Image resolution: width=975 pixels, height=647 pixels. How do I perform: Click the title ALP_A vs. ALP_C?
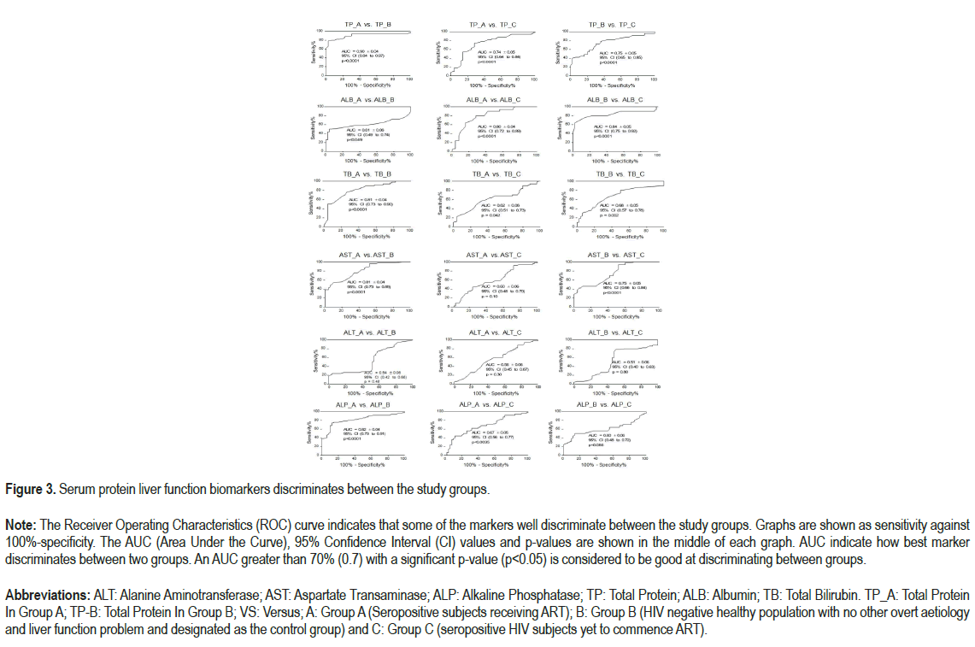486,403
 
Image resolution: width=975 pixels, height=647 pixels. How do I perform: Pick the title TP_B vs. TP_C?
612,26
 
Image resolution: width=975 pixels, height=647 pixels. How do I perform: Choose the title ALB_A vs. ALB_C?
488,99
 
